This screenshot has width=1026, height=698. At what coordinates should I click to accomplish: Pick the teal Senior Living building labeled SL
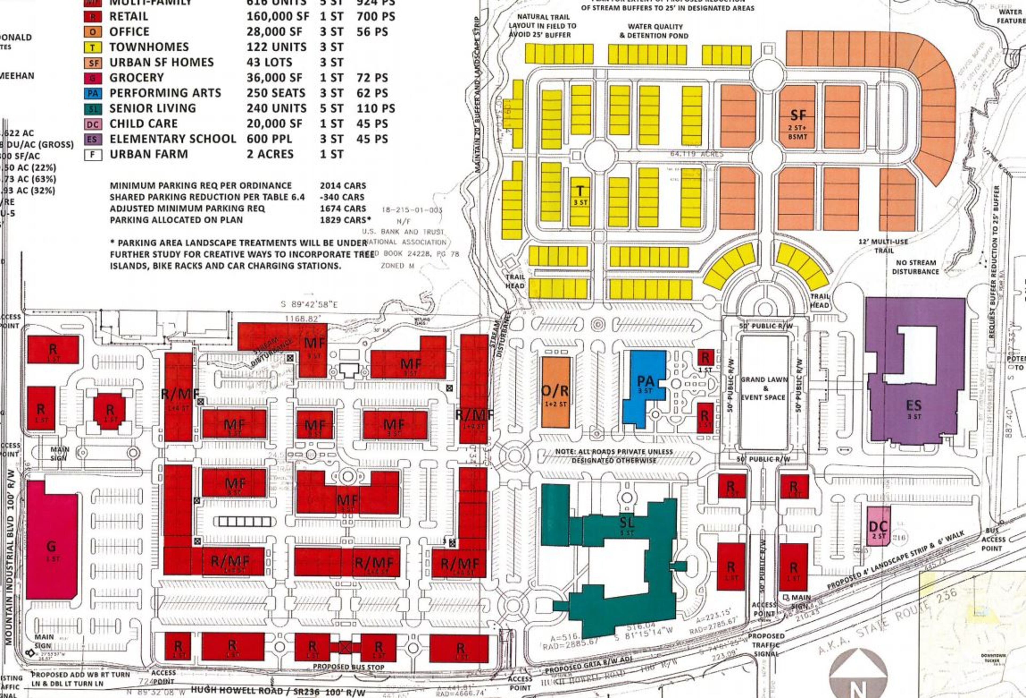(x=627, y=526)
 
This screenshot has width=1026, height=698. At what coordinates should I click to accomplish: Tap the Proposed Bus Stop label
(x=348, y=667)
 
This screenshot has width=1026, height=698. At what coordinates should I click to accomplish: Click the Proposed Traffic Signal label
(x=766, y=645)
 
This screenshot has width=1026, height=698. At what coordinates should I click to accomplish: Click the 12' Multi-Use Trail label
(x=883, y=246)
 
